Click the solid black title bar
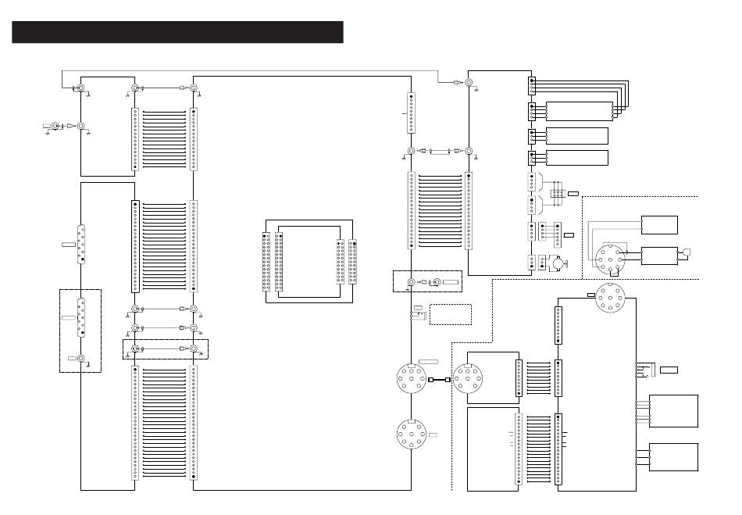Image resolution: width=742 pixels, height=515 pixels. pyautogui.click(x=177, y=32)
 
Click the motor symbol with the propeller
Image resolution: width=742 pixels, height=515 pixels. pyautogui.click(x=555, y=263)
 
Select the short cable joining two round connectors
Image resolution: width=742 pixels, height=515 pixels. pyautogui.click(x=439, y=381)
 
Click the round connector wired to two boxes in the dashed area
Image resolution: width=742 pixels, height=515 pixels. pyautogui.click(x=607, y=257)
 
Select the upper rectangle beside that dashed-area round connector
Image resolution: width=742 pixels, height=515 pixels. pyautogui.click(x=658, y=224)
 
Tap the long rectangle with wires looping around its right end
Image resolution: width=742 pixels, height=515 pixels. pyautogui.click(x=578, y=112)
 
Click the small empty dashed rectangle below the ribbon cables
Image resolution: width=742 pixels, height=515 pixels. pyautogui.click(x=451, y=314)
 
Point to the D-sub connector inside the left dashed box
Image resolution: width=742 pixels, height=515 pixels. pyautogui.click(x=80, y=317)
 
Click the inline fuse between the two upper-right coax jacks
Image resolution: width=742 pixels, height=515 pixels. pyautogui.click(x=441, y=151)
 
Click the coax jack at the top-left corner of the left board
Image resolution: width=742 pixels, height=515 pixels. pyautogui.click(x=80, y=89)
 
